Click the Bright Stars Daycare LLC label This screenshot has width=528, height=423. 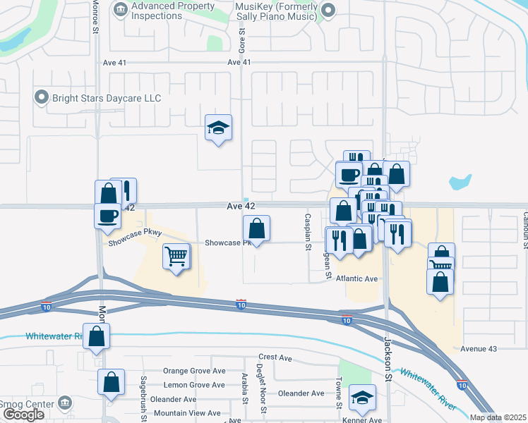[106, 98]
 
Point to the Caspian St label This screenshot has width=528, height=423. [308, 232]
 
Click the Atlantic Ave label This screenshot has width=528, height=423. [357, 278]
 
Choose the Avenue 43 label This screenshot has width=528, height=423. [479, 349]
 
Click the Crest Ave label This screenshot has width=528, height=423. [275, 358]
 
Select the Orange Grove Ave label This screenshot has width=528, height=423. [194, 371]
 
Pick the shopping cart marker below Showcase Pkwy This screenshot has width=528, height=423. [176, 256]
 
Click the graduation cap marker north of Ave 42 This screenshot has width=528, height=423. [218, 128]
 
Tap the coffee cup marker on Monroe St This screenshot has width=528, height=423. [107, 214]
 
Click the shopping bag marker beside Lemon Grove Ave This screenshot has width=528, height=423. [112, 382]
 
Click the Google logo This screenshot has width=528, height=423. [23, 415]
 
